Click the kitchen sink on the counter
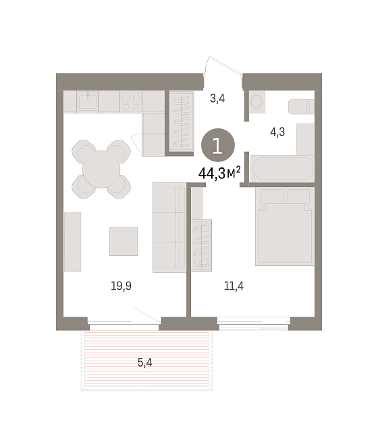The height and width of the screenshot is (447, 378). pyautogui.click(x=88, y=102)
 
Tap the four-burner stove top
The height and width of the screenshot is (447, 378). pyautogui.click(x=131, y=102)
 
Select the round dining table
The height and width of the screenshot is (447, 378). pyautogui.click(x=101, y=169)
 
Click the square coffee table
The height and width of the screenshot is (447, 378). pyautogui.click(x=124, y=241)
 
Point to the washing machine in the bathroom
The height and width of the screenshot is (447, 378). pyautogui.click(x=257, y=102)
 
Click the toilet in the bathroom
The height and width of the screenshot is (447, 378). pyautogui.click(x=301, y=107)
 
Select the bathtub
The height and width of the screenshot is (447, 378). pyautogui.click(x=282, y=169)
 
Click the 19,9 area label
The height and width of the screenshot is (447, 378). pyautogui.click(x=121, y=286)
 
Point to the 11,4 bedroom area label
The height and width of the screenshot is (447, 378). pyautogui.click(x=234, y=286)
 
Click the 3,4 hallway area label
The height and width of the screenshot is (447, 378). pyautogui.click(x=217, y=99)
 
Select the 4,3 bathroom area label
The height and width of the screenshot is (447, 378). pyautogui.click(x=277, y=132)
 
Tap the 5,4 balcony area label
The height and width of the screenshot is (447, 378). pyautogui.click(x=145, y=363)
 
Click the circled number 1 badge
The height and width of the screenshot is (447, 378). pyautogui.click(x=218, y=145)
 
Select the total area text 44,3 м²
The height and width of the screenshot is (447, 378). pyautogui.click(x=219, y=173)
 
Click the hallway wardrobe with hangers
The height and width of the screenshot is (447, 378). pyautogui.click(x=182, y=122)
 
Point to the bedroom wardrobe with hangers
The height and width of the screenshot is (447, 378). pyautogui.click(x=202, y=245)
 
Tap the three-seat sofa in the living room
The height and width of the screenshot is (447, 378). pyautogui.click(x=169, y=228)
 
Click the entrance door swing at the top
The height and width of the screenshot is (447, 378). pyautogui.click(x=223, y=66)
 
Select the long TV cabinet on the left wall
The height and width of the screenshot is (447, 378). pyautogui.click(x=73, y=242)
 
